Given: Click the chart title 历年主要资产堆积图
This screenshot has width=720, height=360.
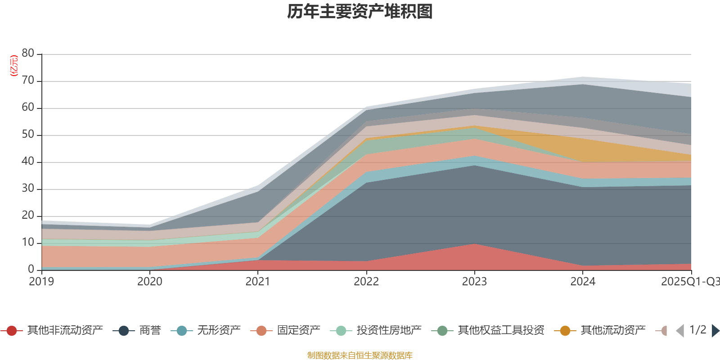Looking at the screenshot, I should [360, 12].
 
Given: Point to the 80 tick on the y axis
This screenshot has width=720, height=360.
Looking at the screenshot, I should [28, 54].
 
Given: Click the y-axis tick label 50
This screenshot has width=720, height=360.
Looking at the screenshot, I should [28, 135].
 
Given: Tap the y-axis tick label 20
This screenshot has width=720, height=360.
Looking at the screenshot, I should [28, 216].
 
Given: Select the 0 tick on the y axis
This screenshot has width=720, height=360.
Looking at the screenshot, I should [31, 269].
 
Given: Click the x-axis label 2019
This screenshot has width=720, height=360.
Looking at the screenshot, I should [41, 282].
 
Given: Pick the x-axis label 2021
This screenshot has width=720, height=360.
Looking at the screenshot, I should [258, 282].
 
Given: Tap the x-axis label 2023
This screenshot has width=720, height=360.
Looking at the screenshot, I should [474, 282].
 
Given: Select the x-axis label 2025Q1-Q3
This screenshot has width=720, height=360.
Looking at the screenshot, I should [690, 282].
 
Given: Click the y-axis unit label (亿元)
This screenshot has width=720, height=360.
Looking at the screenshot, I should [14, 66].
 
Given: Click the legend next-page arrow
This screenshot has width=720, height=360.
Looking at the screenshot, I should [715, 331].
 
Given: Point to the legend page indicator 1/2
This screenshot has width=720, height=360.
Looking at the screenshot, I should [697, 330].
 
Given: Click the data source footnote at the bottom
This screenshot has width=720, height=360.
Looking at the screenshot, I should [360, 355].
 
